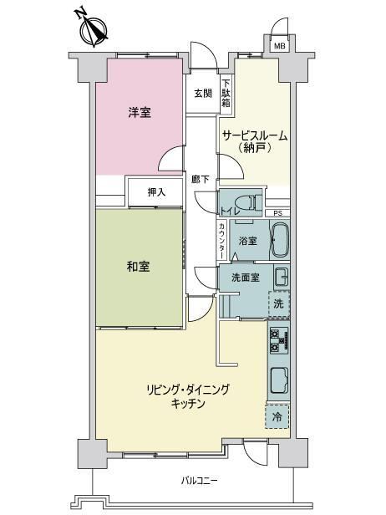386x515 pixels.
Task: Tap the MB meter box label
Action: coord(280,46)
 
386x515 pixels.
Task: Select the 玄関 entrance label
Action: coord(203,94)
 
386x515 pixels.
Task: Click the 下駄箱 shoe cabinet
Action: coord(226,94)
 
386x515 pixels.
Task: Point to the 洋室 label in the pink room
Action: coord(140,113)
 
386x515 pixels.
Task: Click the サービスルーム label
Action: coord(255,135)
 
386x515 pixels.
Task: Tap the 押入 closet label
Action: coord(156,192)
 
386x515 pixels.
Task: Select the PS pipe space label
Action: coord(277,213)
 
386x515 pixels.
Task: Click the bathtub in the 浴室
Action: coord(280,241)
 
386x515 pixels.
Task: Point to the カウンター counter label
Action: coord(222,241)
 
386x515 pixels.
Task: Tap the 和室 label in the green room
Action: coord(138,267)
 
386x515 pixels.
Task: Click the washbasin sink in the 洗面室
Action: coord(282,277)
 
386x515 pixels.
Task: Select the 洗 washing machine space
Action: coord(279,303)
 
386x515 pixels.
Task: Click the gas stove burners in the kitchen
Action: coord(279,341)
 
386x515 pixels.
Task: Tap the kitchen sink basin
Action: coord(279,380)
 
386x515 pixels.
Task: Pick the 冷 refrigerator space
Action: coord(277,416)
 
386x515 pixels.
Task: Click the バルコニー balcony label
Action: coord(199,482)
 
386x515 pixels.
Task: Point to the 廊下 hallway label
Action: coord(201,179)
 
